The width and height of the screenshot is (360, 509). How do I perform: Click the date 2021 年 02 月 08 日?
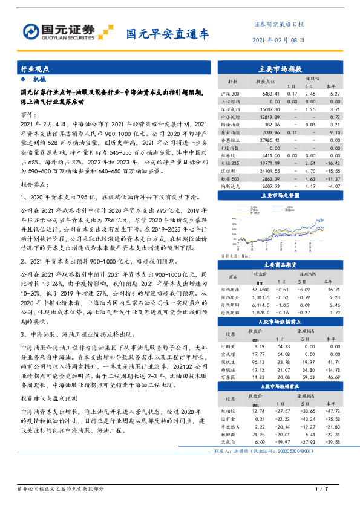click(x=277, y=39)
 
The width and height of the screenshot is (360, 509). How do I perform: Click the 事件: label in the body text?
click(x=30, y=114)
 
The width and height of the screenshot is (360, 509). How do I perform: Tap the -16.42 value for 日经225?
click(x=334, y=163)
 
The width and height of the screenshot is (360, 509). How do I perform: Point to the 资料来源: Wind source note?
click(x=234, y=256)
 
